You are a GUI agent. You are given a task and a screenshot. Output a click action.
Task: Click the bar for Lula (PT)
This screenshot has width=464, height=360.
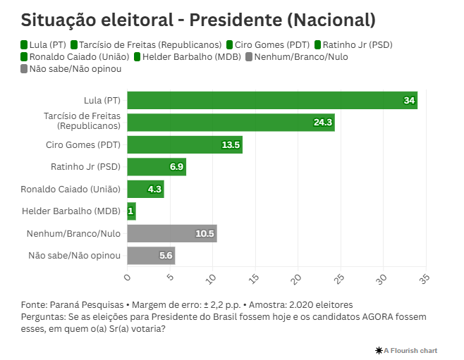click(272, 101)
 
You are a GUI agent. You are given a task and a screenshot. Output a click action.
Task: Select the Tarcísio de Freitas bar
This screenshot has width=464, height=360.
click(231, 123)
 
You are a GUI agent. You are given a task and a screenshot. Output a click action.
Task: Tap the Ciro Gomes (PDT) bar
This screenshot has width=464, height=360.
click(185, 145)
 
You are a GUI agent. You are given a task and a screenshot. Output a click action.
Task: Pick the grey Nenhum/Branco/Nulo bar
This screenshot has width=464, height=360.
click(172, 233)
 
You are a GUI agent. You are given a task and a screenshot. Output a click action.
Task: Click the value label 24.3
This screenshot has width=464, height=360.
click(323, 123)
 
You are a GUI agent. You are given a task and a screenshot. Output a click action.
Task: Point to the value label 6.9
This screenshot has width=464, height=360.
click(176, 167)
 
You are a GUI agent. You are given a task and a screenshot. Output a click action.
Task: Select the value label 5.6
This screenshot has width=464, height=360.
click(166, 256)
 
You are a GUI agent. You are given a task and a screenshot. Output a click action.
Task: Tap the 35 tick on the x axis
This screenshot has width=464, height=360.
click(425, 278)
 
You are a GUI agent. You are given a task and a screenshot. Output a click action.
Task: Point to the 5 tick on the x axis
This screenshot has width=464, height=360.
click(170, 278)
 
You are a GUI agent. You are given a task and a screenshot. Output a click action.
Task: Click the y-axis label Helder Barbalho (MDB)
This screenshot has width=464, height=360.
click(71, 211)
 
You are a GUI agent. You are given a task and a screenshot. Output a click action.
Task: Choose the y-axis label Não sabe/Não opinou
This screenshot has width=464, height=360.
click(75, 256)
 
